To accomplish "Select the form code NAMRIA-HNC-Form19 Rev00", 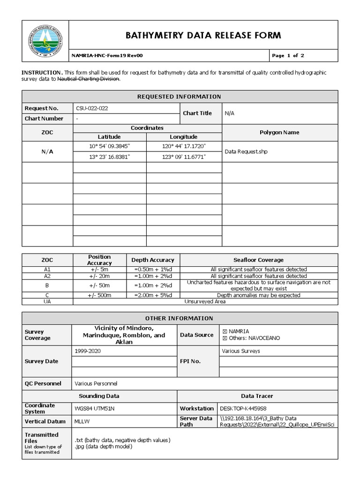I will click(107, 56).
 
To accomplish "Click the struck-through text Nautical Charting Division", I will click(88, 79).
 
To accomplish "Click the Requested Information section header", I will click(179, 97).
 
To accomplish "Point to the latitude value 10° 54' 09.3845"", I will click(109, 147).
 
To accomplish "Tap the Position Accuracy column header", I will click(99, 260).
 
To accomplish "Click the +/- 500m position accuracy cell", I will click(99, 295).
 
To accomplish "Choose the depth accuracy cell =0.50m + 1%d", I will click(153, 270).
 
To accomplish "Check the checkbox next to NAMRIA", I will click(224, 331).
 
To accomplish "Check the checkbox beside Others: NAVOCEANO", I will click(224, 338).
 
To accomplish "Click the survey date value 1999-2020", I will click(87, 351).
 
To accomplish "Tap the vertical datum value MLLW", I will click(82, 421).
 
